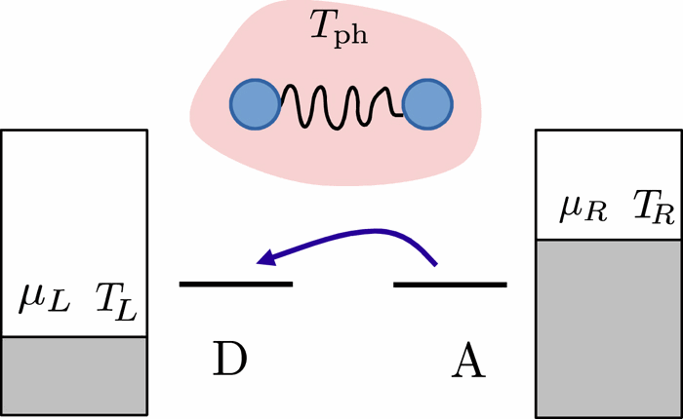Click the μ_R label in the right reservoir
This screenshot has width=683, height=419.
pyautogui.click(x=576, y=206)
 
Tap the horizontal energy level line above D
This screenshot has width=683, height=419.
pyautogui.click(x=236, y=284)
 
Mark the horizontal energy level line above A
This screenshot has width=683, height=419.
pyautogui.click(x=450, y=285)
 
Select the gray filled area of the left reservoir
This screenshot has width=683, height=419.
pyautogui.click(x=74, y=374)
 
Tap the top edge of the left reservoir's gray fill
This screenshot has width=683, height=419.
pyautogui.click(x=74, y=337)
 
